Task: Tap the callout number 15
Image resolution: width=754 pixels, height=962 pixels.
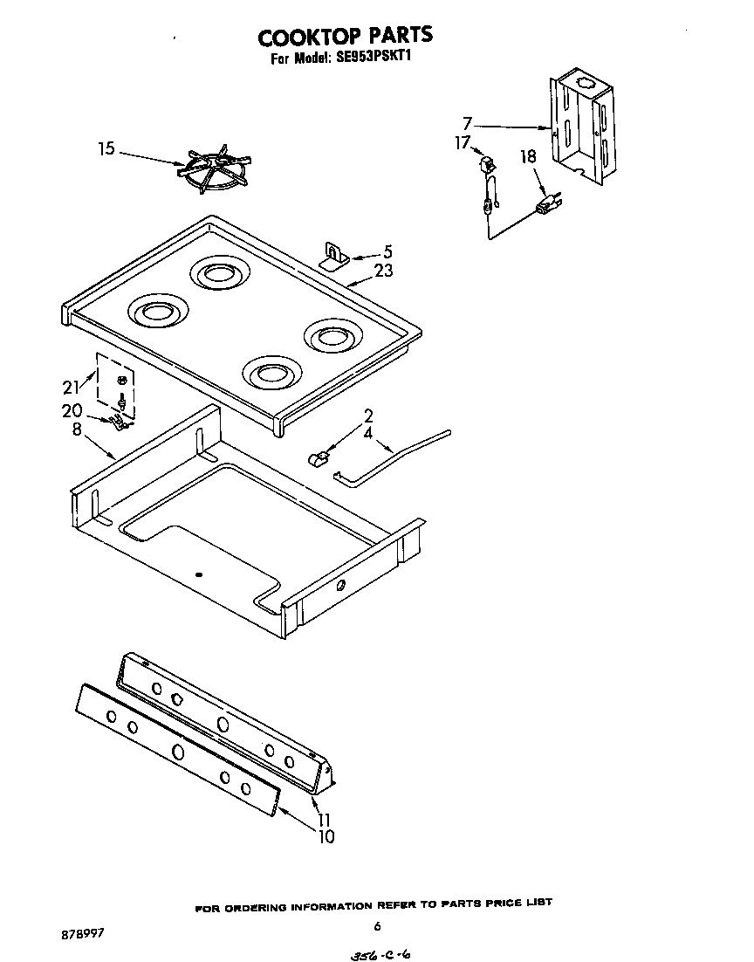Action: point(106,149)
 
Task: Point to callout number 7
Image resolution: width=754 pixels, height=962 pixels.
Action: point(468,123)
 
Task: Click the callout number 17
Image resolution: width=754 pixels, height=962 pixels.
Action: point(463,142)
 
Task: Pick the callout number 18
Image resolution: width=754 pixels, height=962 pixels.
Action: point(528,157)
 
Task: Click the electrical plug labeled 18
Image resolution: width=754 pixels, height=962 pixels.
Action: point(548,205)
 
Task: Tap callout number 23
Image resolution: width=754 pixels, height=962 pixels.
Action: point(383,271)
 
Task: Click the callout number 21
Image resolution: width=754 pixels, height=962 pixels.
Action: point(71,387)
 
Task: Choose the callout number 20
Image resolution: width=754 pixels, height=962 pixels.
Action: point(72,410)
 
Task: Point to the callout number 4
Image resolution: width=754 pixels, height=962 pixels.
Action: point(367,431)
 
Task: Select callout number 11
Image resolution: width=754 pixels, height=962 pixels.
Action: point(324,820)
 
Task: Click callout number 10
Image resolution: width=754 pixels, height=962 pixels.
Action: point(324,836)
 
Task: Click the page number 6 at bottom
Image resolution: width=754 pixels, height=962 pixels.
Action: point(377,926)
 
